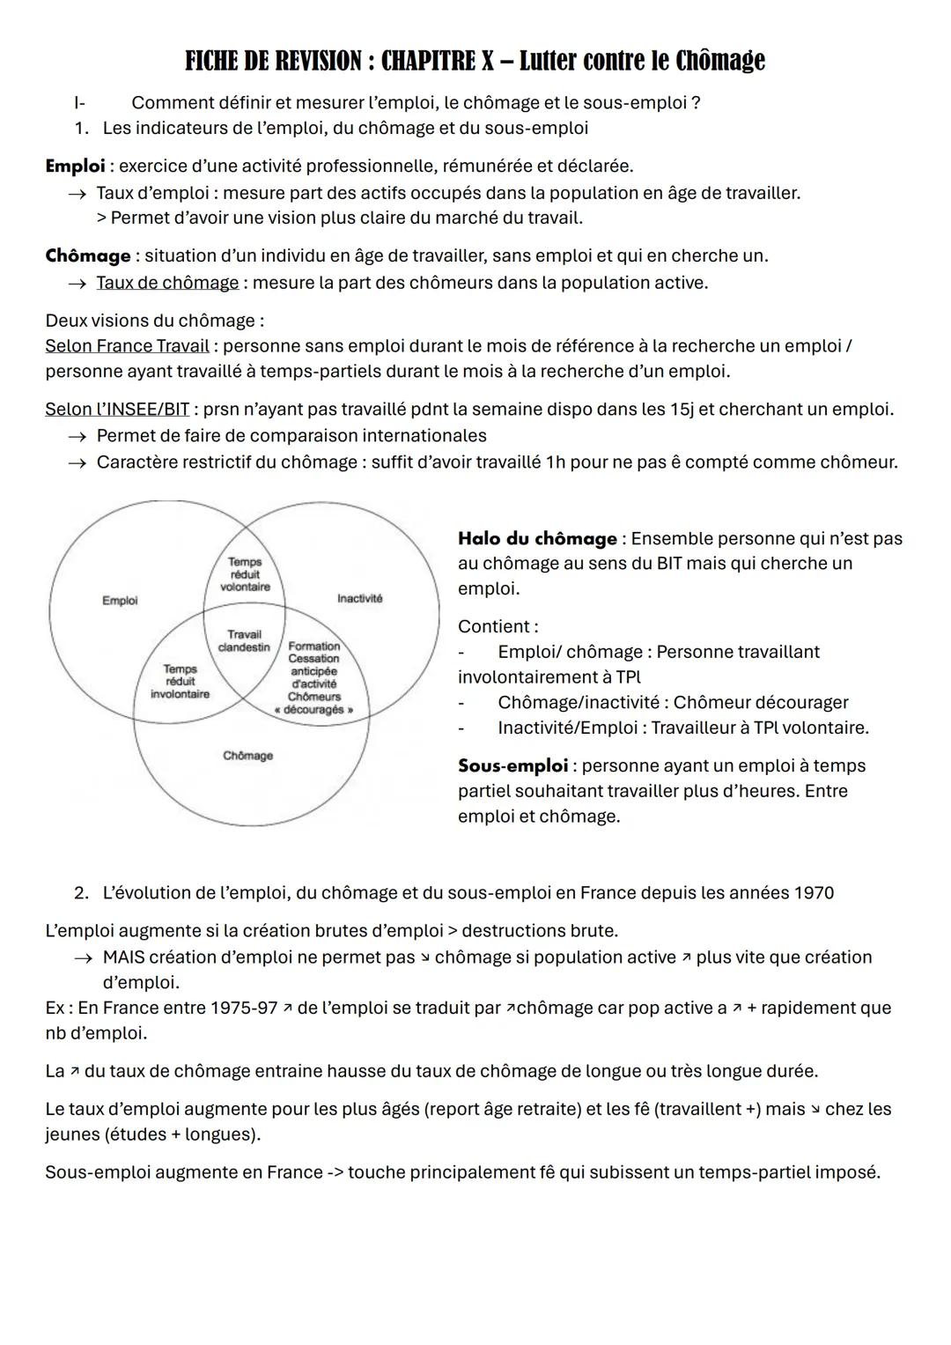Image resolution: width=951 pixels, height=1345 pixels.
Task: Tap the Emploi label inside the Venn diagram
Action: (120, 601)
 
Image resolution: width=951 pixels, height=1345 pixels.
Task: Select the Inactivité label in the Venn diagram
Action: (359, 599)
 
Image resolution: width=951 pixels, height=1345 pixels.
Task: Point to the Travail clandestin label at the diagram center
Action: (244, 640)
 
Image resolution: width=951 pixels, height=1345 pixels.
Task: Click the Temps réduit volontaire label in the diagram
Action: (245, 574)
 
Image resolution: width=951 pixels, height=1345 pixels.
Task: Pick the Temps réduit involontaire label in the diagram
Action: (180, 682)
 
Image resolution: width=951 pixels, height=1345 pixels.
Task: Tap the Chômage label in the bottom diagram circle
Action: (247, 756)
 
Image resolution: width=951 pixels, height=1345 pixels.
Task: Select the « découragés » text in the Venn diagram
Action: (314, 709)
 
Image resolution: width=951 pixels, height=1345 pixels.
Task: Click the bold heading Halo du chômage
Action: (537, 538)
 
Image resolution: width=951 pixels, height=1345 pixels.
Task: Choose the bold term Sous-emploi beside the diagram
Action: (512, 765)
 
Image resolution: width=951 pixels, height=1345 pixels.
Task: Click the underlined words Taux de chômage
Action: (167, 283)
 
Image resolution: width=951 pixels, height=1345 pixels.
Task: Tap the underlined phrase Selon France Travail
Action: (127, 346)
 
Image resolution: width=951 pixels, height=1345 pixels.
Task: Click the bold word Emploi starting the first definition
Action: (75, 166)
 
